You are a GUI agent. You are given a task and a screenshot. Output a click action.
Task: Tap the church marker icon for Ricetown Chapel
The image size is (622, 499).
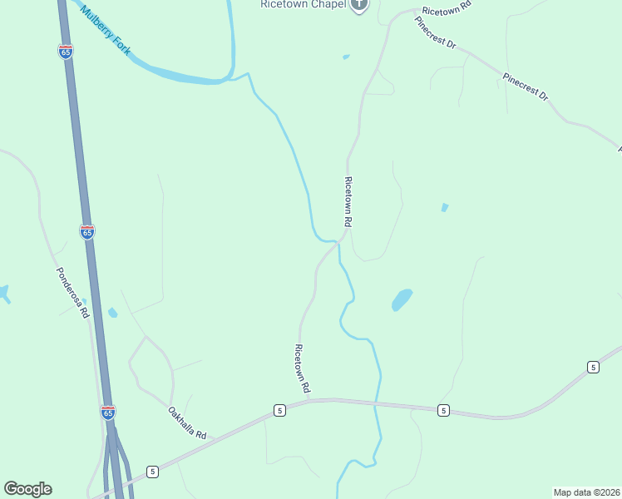[x=359, y=5]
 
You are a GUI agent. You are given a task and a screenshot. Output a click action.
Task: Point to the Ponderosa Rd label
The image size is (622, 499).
[x=72, y=293]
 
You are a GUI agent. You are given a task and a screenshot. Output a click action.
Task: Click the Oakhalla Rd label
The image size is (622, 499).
[x=186, y=423]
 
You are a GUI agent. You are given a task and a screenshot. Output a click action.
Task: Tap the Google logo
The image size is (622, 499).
[x=27, y=489]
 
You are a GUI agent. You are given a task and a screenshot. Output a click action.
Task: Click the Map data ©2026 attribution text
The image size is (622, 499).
[x=585, y=492]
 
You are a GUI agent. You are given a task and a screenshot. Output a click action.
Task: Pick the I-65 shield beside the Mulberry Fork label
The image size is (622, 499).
[x=66, y=52]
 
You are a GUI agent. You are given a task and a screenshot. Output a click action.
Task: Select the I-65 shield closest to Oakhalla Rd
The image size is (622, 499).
[x=107, y=412]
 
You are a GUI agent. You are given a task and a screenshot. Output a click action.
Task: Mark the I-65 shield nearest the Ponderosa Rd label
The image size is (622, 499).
[x=87, y=232]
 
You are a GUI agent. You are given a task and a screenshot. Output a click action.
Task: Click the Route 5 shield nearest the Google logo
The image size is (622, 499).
[x=152, y=472]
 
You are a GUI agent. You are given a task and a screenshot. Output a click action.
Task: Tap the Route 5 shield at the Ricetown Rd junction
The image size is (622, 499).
[x=279, y=410]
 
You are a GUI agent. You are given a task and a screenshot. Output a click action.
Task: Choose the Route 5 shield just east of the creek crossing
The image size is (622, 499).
[x=443, y=410]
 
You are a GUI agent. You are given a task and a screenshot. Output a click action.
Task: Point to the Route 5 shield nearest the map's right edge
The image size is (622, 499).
[x=592, y=367]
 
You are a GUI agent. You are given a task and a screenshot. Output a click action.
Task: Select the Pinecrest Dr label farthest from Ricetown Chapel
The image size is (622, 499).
[x=526, y=86]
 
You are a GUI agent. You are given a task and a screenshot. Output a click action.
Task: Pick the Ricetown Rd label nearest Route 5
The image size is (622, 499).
[x=303, y=368]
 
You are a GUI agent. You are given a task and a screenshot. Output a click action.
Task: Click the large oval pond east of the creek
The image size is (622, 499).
[x=402, y=299]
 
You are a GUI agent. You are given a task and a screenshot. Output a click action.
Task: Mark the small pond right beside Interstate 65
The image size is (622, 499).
[x=112, y=313]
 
